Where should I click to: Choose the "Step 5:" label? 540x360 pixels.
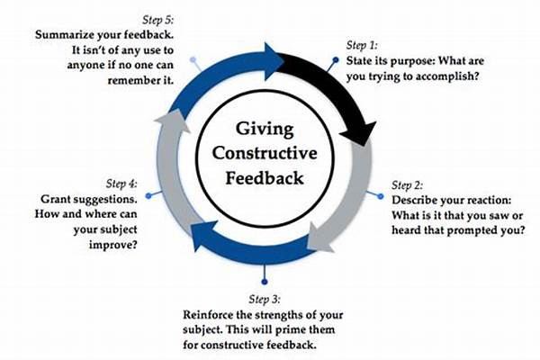[168, 18]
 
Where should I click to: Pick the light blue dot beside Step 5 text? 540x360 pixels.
[192, 60]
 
